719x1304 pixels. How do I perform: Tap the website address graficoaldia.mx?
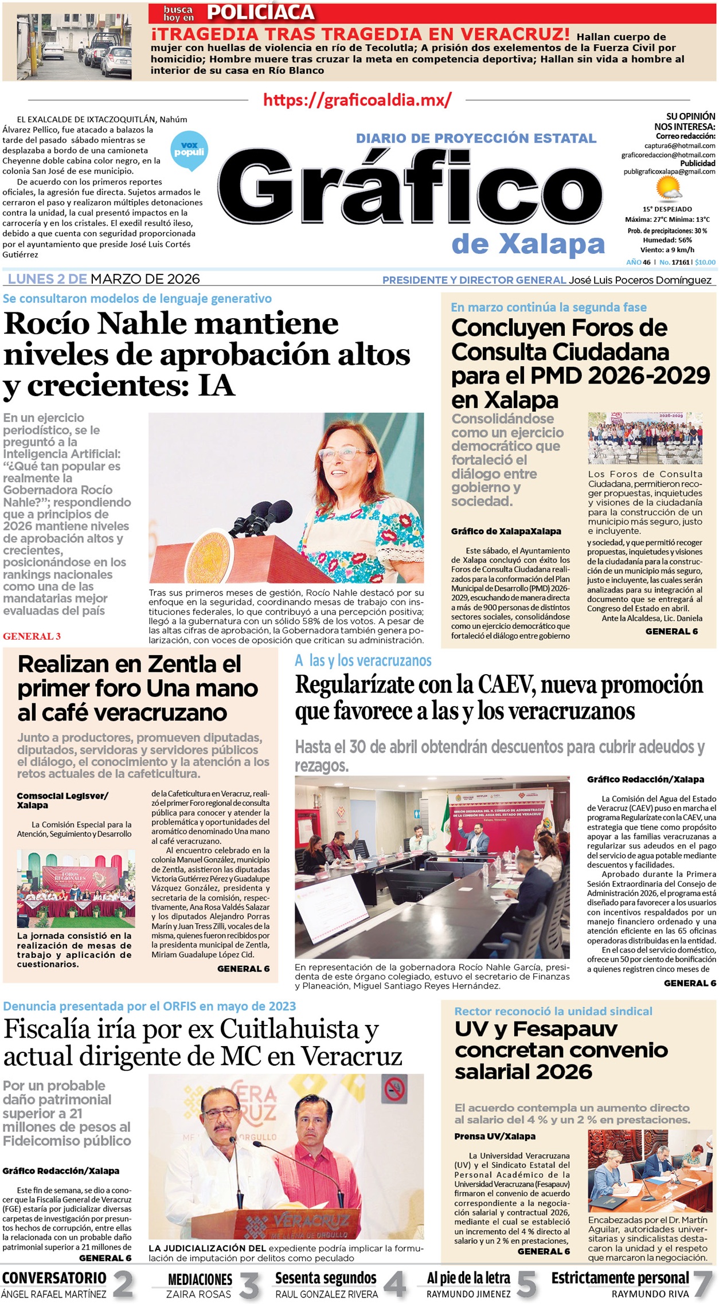click(357, 100)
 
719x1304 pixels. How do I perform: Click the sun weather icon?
click(668, 189)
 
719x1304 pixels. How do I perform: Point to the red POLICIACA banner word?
click(260, 12)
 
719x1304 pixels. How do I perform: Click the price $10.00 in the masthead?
click(705, 262)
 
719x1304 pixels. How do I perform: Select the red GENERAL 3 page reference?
click(32, 636)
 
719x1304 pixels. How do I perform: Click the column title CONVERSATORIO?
click(54, 1278)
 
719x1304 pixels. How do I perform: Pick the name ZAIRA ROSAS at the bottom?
click(198, 1294)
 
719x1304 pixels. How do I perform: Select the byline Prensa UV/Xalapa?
click(495, 1136)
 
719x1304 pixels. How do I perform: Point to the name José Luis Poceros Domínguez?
click(640, 280)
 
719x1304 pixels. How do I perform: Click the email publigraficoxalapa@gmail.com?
click(669, 171)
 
